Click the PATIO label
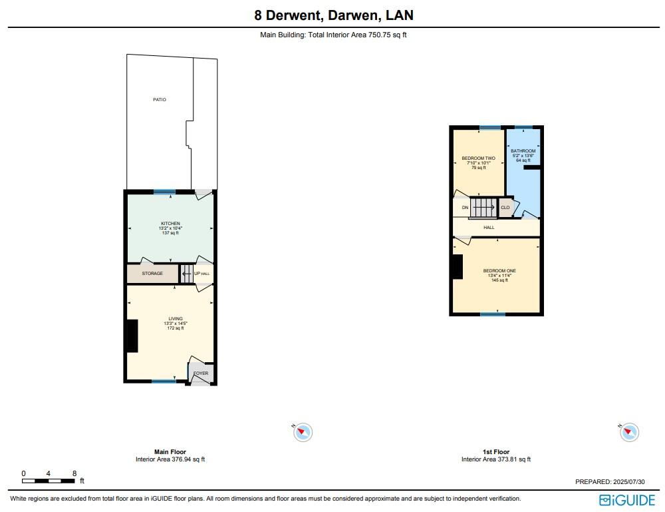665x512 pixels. pyautogui.click(x=158, y=100)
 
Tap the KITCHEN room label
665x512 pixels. pyautogui.click(x=170, y=223)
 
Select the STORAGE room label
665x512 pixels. pyautogui.click(x=152, y=274)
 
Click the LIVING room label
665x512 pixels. pyautogui.click(x=175, y=319)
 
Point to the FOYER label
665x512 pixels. pyautogui.click(x=201, y=374)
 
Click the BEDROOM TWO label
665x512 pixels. pyautogui.click(x=478, y=158)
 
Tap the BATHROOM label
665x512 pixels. pyautogui.click(x=523, y=151)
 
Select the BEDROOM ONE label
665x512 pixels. pyautogui.click(x=499, y=270)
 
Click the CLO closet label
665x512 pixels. pyautogui.click(x=505, y=208)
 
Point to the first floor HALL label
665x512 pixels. pyautogui.click(x=489, y=228)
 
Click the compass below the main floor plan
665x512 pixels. pyautogui.click(x=303, y=432)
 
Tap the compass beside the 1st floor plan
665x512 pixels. pyautogui.click(x=629, y=432)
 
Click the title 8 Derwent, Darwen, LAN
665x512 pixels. pyautogui.click(x=332, y=15)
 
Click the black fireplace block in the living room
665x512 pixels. pyautogui.click(x=132, y=336)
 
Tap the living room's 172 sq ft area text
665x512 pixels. pyautogui.click(x=175, y=328)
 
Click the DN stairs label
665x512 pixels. pyautogui.click(x=465, y=208)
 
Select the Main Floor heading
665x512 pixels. pyautogui.click(x=170, y=452)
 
